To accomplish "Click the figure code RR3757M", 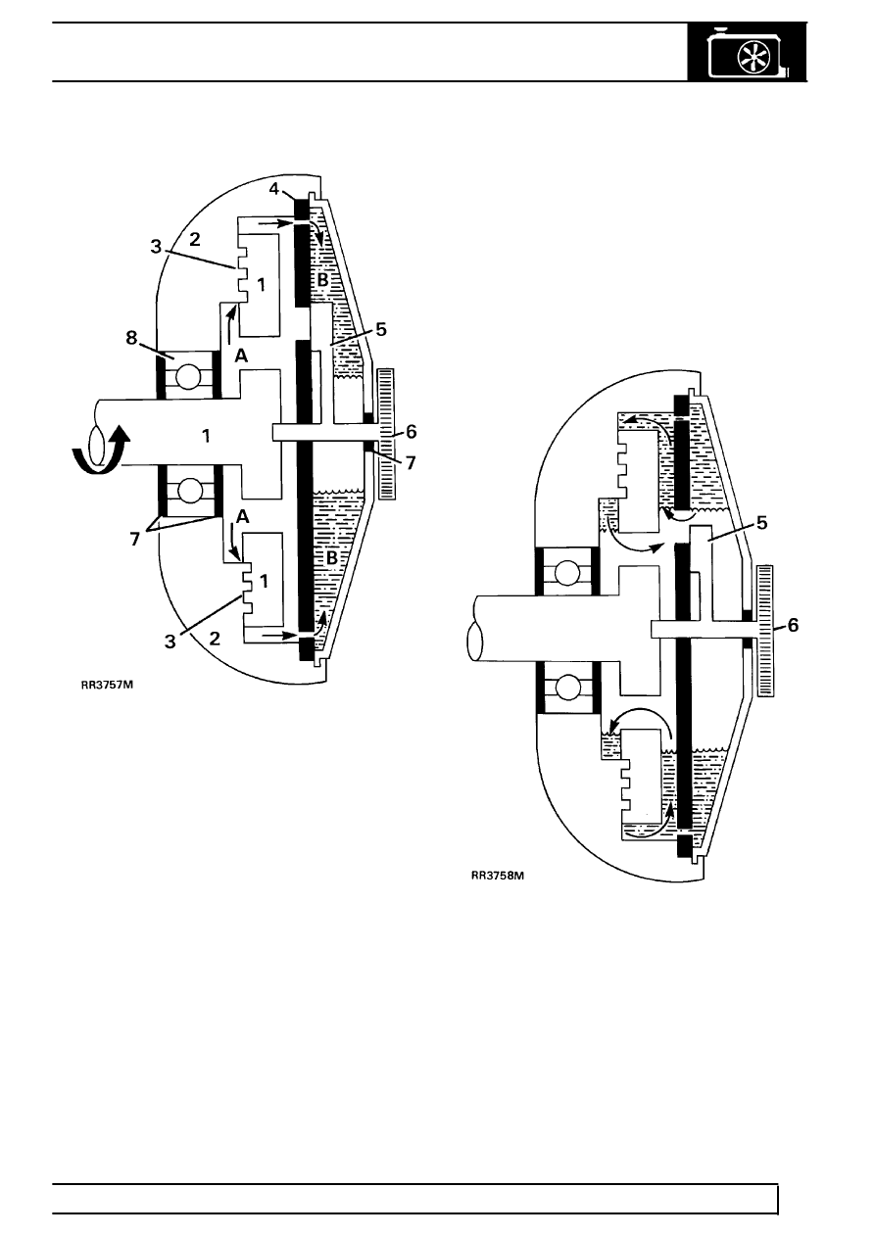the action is tap(107, 686).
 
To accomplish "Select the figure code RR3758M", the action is tap(498, 876).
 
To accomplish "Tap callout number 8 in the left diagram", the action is tap(131, 337).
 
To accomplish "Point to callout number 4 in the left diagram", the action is tap(274, 189).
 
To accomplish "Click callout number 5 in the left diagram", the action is tap(381, 329).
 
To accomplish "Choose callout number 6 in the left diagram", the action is tap(411, 432).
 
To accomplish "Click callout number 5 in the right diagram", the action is tap(762, 523).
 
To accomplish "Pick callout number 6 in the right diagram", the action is tap(793, 625).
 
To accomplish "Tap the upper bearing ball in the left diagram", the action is tap(189, 376).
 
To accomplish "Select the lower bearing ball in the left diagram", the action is tap(189, 491).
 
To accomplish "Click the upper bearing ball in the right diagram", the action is tap(567, 573).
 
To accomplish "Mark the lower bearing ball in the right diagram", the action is tap(567, 688).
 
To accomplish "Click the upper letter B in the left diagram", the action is tap(322, 280).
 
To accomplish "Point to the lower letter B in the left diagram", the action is tap(331, 558).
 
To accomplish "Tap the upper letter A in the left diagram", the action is tap(241, 356).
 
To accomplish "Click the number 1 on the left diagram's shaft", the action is tap(206, 437).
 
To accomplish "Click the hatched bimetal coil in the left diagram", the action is tap(386, 434).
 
